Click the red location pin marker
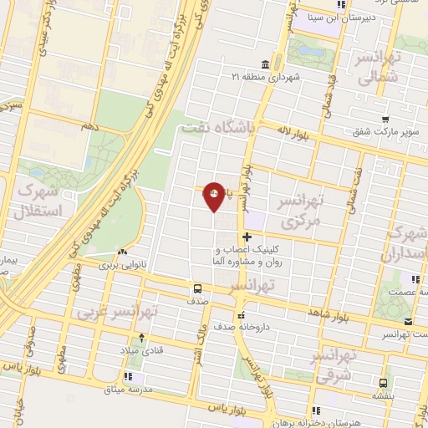(x=215, y=196)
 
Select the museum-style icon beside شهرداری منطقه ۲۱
(x=265, y=64)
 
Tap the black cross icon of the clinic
(x=246, y=238)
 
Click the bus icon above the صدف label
(x=196, y=289)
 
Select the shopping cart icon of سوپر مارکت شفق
(x=385, y=120)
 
